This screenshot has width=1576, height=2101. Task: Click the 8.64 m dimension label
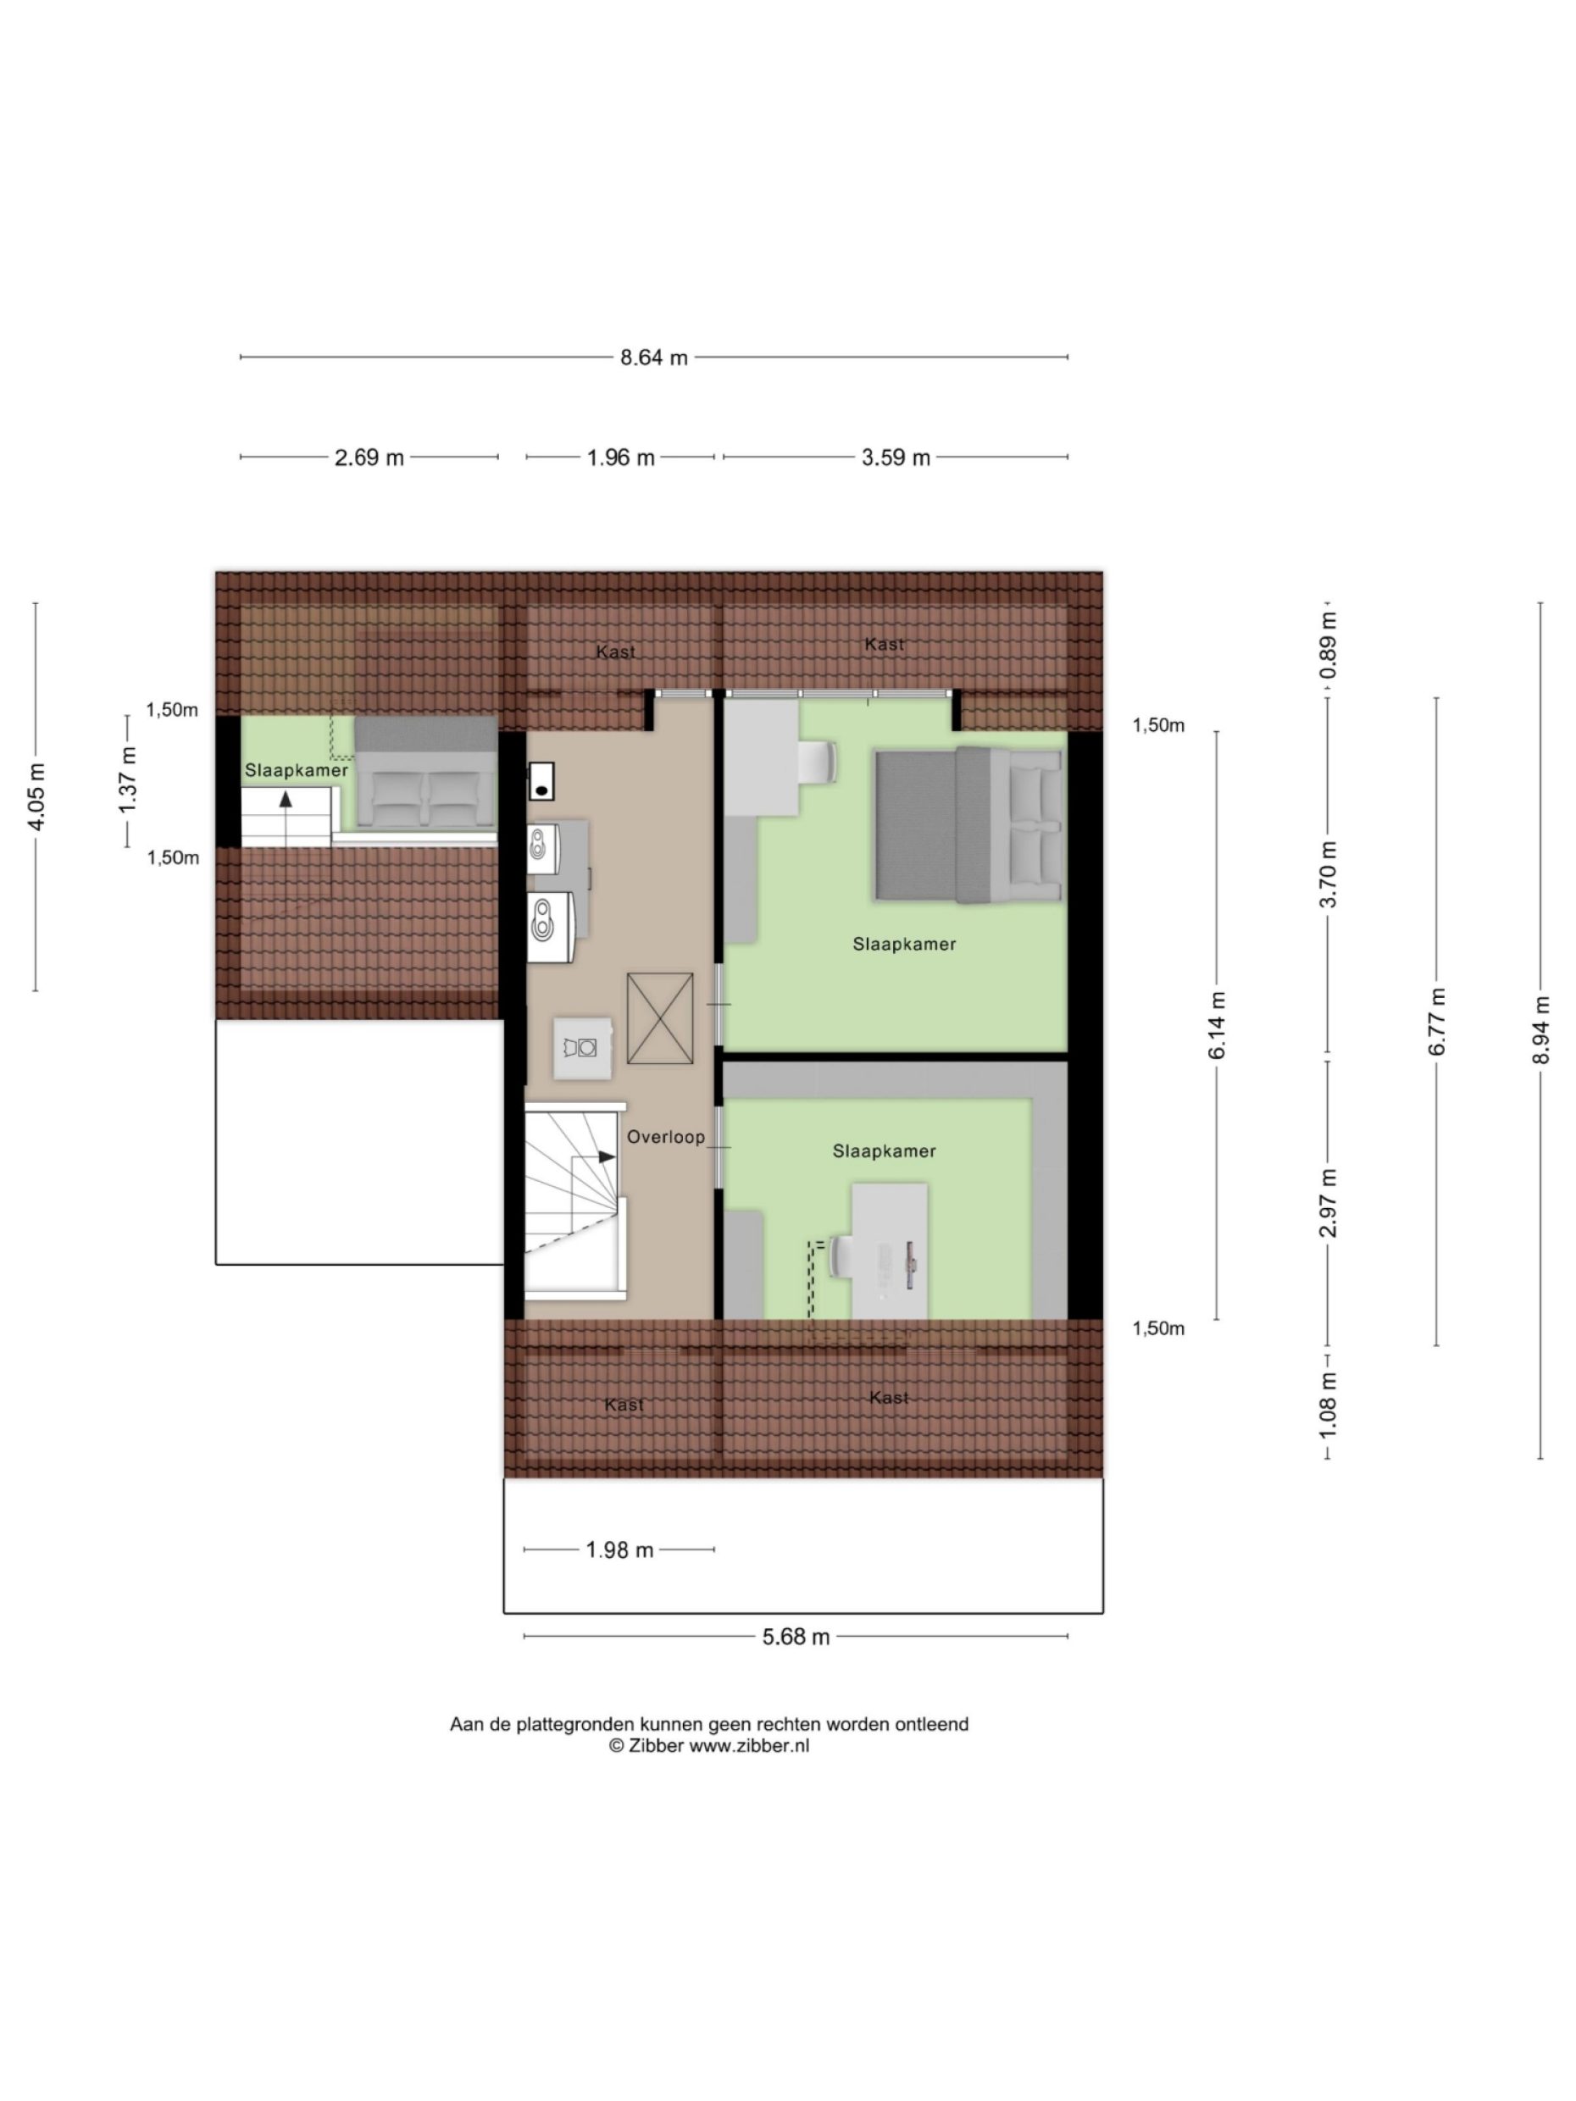click(x=653, y=358)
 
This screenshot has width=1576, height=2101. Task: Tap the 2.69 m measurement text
click(x=369, y=457)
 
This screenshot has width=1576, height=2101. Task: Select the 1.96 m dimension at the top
click(x=620, y=457)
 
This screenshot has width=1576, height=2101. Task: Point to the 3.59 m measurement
click(x=895, y=457)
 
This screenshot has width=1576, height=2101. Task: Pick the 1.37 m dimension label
click(x=127, y=779)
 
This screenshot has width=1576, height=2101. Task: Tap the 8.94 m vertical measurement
click(x=1541, y=1029)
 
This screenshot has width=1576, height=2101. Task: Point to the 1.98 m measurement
click(x=619, y=1550)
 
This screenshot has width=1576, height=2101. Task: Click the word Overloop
click(x=666, y=1137)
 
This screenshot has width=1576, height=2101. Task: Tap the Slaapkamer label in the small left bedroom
click(x=297, y=770)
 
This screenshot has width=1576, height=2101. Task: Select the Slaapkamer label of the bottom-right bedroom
click(x=884, y=1151)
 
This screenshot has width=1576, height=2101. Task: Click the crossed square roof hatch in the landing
click(x=659, y=1018)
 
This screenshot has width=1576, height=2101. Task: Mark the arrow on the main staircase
click(x=605, y=1157)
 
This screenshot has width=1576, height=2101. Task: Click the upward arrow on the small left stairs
click(x=285, y=800)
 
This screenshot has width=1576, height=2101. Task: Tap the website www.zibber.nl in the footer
click(x=748, y=1745)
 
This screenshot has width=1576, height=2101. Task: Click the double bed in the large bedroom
click(x=967, y=824)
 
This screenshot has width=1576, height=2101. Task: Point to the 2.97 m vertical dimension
click(x=1328, y=1202)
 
